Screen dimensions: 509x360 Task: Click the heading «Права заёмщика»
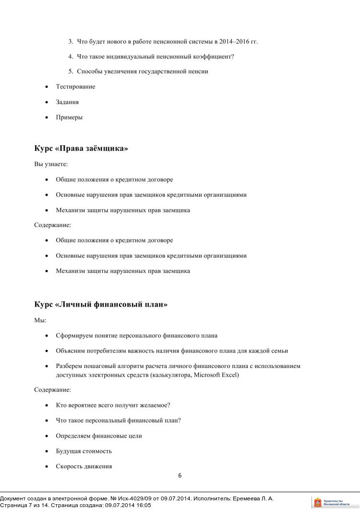(x=81, y=148)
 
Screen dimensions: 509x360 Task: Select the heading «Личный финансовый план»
(x=101, y=305)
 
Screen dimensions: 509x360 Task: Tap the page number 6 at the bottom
(x=180, y=476)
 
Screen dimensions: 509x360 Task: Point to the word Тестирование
(x=75, y=87)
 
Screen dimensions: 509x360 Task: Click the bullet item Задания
(x=67, y=102)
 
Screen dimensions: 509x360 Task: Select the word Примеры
(x=69, y=118)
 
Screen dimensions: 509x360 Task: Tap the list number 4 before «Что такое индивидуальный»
(x=71, y=57)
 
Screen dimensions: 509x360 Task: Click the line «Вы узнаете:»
(x=51, y=164)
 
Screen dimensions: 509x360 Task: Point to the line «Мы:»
(x=40, y=320)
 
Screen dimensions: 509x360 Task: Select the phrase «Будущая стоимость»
(x=84, y=451)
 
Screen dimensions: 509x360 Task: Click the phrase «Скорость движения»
(x=84, y=466)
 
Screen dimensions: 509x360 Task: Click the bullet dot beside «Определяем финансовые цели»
(x=46, y=436)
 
